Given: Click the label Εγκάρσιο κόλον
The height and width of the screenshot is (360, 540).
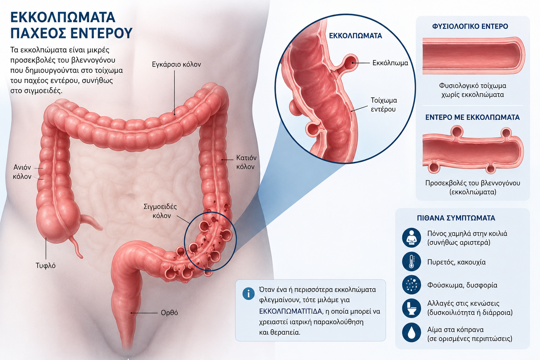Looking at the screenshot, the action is click(176, 64).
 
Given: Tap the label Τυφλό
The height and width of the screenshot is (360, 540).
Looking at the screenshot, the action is click(46, 265).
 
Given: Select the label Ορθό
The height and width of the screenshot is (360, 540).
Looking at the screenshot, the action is click(169, 313).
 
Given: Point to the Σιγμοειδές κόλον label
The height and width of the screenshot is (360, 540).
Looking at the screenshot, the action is click(160, 211).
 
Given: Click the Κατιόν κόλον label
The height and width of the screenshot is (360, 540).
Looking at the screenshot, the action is click(246, 162).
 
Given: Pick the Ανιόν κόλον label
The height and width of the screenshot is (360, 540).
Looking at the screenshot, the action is click(22, 172).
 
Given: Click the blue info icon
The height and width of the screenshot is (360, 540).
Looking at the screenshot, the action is click(249, 294).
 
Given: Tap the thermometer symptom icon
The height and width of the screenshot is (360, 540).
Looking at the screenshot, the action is click(412, 262).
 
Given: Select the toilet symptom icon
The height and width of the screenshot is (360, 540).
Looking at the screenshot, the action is click(412, 308).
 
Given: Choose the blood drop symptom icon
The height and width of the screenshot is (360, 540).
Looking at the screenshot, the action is click(412, 333).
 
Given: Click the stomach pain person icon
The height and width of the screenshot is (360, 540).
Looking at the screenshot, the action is click(412, 238).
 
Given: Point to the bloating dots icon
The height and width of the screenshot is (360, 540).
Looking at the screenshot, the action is click(412, 285).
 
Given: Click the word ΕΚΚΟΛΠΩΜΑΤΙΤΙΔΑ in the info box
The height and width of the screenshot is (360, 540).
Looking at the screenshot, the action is click(290, 311).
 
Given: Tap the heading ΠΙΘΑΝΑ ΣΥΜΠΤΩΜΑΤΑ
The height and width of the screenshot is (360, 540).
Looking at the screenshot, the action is click(456, 218).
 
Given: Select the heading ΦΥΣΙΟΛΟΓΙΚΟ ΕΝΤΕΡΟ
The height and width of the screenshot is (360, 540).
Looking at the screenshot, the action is click(470, 26).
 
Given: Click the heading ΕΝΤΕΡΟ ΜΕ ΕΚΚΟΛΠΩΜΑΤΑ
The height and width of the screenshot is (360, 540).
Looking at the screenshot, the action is click(472, 117).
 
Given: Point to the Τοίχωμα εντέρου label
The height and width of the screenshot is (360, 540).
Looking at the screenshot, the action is click(384, 105).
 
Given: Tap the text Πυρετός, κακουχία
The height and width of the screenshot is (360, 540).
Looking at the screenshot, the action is click(456, 262).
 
